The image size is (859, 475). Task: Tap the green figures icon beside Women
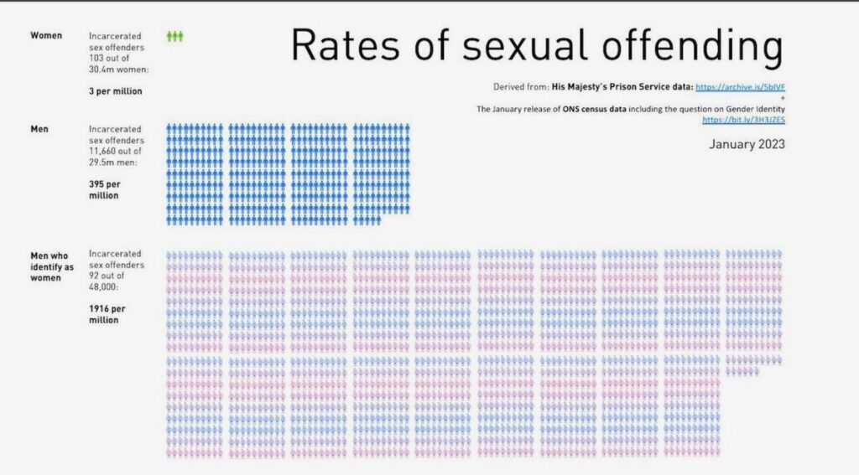pos(174,36)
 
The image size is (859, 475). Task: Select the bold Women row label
pos(46,35)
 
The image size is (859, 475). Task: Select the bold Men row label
pos(39,129)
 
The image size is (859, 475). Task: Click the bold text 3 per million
pos(116,90)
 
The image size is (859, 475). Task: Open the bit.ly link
pos(743,120)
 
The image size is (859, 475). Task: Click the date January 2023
pos(747,144)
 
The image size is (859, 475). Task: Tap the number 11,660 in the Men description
pos(105,151)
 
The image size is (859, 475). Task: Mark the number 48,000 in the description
pos(104,287)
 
